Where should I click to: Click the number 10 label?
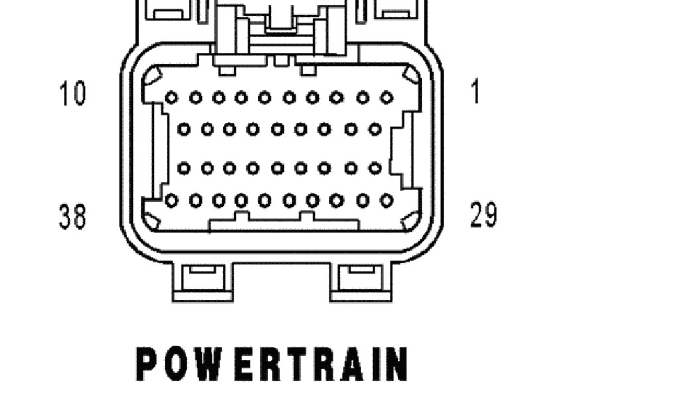pos(73,94)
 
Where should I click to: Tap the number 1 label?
pos(475,92)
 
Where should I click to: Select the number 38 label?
pos(73,216)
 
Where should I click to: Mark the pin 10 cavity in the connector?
pos(171,98)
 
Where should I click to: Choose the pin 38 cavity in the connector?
pos(171,200)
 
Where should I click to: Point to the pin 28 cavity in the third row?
pos(184,168)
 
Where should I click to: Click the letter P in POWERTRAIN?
pos(147,364)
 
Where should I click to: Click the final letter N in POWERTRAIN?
pos(394,364)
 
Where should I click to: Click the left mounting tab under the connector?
pos(203,281)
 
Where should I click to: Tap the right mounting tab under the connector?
pos(361,281)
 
